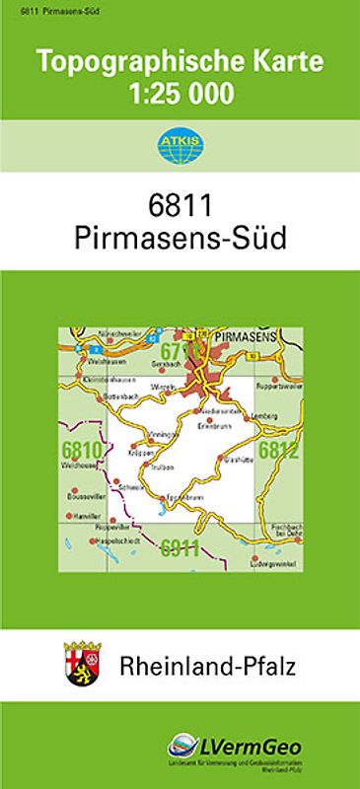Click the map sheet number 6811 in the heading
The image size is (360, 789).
tap(180, 204)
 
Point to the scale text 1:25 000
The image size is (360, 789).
tap(180, 95)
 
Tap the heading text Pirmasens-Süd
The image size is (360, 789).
tap(180, 239)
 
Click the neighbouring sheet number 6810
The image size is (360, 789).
tap(79, 453)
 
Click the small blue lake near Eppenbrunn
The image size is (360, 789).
tap(163, 511)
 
